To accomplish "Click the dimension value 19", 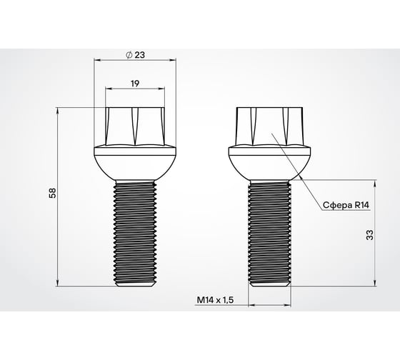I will pyautogui.click(x=134, y=84).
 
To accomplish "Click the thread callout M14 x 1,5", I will pyautogui.click(x=214, y=301).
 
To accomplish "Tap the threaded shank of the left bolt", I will pyautogui.click(x=134, y=229).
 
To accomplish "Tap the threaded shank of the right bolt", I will pyautogui.click(x=269, y=229).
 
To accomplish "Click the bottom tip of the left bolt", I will pyautogui.click(x=134, y=284).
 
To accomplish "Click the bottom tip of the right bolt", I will pyautogui.click(x=269, y=284).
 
